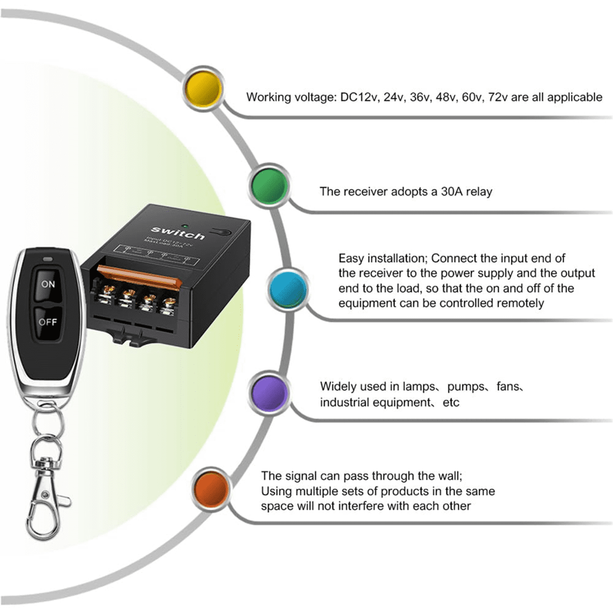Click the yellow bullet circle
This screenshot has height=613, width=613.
point(204,87)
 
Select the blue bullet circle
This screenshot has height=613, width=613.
point(289,289)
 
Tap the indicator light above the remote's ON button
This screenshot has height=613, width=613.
point(48,259)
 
